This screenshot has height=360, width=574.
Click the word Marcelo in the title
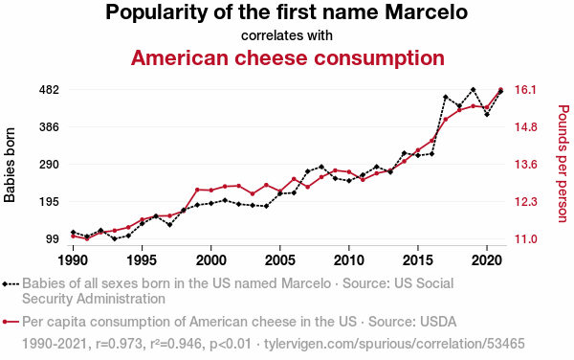(426, 11)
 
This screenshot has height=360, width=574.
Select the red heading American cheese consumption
(288, 57)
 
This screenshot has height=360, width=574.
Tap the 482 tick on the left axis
(49, 90)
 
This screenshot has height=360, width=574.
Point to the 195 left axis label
(49, 202)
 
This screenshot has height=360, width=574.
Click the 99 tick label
(53, 239)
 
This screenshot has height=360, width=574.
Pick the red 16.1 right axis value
(525, 90)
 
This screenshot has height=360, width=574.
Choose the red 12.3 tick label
(525, 202)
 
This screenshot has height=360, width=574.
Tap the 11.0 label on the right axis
(525, 239)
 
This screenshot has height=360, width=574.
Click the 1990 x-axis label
(74, 260)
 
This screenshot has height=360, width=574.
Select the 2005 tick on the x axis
(280, 260)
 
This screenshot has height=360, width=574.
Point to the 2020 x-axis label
(487, 260)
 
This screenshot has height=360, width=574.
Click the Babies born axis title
(10, 165)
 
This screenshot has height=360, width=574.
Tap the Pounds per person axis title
(563, 164)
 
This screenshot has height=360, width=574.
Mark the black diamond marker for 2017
(446, 97)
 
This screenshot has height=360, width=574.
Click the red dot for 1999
(197, 190)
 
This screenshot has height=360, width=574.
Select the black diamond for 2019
(473, 89)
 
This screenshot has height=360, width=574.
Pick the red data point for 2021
(500, 89)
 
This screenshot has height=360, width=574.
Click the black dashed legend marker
(11, 283)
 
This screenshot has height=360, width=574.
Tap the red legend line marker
(11, 322)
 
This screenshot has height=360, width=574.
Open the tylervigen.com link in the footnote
(394, 344)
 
